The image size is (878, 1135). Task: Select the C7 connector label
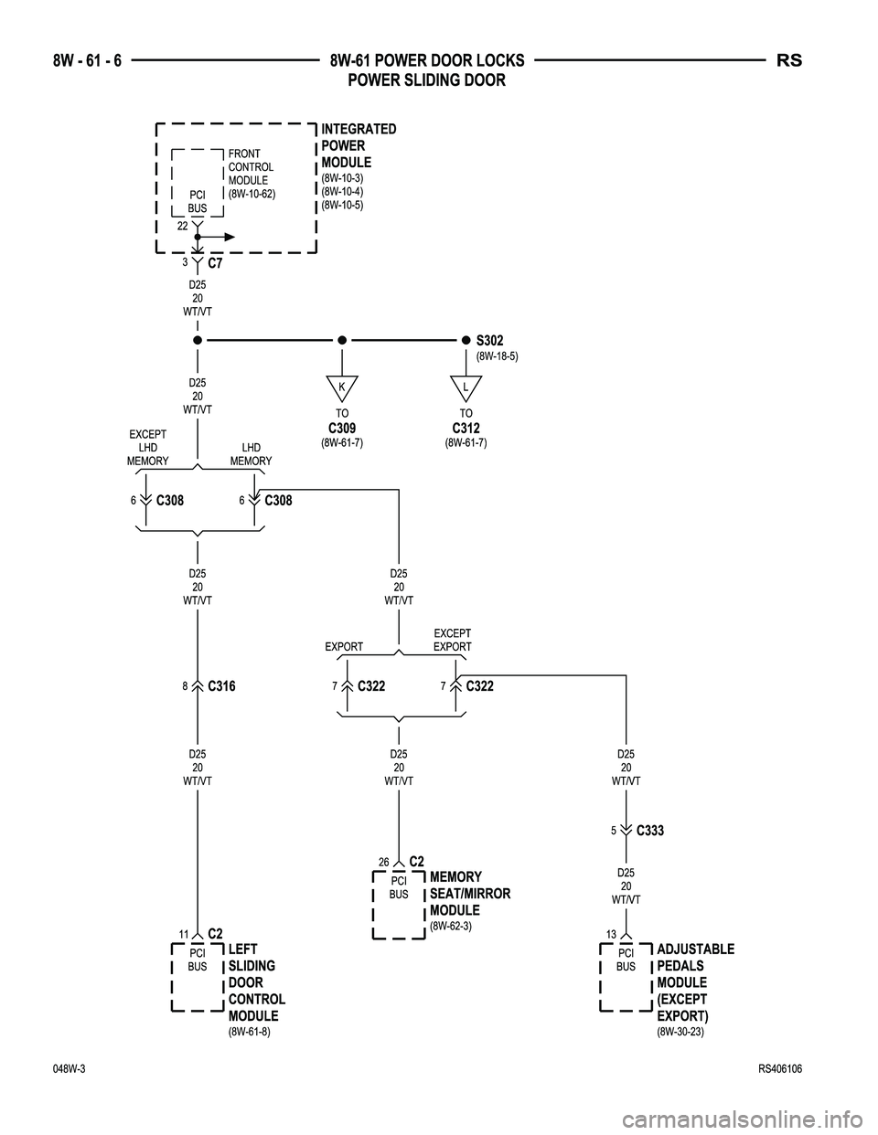tap(215, 263)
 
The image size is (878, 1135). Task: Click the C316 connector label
tap(221, 685)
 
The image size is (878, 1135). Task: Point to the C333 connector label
tap(649, 831)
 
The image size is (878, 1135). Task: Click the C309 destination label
tap(341, 428)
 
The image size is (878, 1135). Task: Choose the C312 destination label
tap(466, 428)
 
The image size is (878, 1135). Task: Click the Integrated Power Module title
tap(359, 145)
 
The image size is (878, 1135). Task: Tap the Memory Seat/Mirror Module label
tap(469, 894)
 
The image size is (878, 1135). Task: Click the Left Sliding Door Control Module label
tap(256, 982)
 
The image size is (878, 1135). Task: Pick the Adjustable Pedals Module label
tap(695, 982)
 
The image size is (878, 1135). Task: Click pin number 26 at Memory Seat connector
tap(383, 862)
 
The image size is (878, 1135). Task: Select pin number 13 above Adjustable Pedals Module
tap(611, 932)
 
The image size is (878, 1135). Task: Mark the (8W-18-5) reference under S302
tap(498, 356)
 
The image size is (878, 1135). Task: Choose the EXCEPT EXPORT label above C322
tap(452, 640)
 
